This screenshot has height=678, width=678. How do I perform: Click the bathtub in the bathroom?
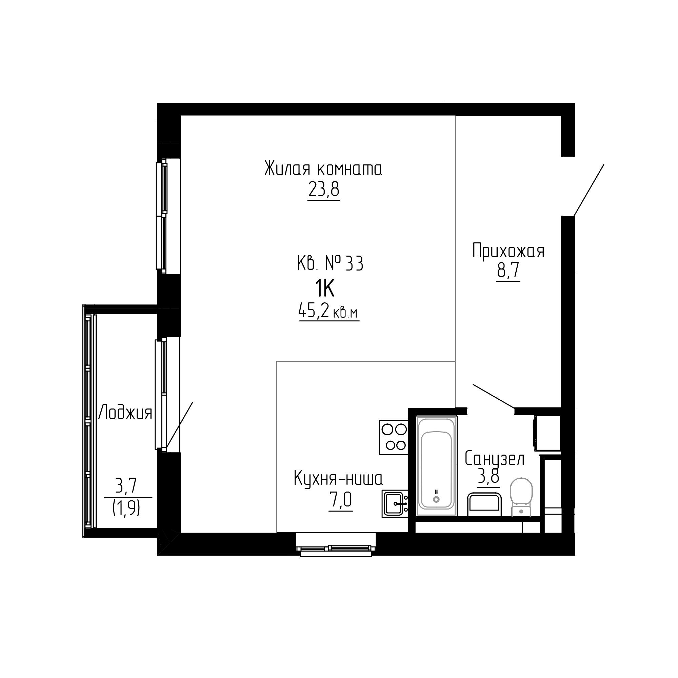point(437,467)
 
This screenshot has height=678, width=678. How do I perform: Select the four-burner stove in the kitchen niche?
point(393,437)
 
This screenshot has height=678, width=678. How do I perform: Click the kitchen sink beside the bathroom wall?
point(395,504)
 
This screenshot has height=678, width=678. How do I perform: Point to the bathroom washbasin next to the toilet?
point(484,505)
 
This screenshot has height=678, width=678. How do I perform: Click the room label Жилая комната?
point(323,169)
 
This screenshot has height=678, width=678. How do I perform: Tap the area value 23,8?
point(324,190)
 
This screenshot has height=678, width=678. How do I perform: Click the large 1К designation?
point(325,290)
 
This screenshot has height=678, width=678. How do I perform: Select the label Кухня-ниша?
point(338,479)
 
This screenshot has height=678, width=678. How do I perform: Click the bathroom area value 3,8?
point(488,477)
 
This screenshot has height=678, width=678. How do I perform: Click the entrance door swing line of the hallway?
point(589,190)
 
